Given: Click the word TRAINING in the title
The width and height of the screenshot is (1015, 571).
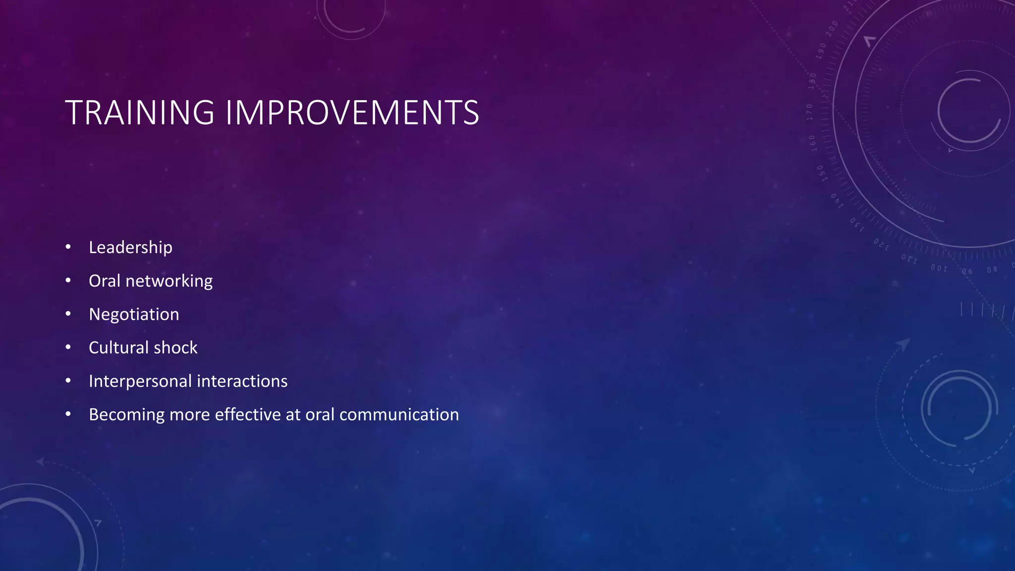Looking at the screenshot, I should (140, 113).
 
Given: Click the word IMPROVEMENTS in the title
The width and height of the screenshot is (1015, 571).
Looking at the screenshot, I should (352, 113).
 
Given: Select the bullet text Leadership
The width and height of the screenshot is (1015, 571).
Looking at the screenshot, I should (130, 247).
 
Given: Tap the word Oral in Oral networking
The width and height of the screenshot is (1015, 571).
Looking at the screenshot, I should (104, 281).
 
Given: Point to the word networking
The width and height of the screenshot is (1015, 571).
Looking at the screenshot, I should (169, 282).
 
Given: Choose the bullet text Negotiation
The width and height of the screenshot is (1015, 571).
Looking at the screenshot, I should (134, 315).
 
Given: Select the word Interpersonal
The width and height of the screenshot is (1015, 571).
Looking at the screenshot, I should (140, 381).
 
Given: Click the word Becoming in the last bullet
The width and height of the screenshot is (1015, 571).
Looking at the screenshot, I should (126, 415).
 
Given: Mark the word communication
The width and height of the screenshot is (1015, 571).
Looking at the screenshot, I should (399, 414).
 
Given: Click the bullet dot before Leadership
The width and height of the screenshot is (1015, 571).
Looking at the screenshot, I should (68, 247).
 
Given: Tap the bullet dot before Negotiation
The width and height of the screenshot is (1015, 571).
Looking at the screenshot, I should (68, 314).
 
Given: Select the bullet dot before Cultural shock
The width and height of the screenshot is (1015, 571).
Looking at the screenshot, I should (68, 347).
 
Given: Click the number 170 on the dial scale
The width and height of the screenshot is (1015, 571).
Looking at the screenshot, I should (810, 112).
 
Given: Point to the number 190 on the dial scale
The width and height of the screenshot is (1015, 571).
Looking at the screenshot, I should (822, 51).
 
